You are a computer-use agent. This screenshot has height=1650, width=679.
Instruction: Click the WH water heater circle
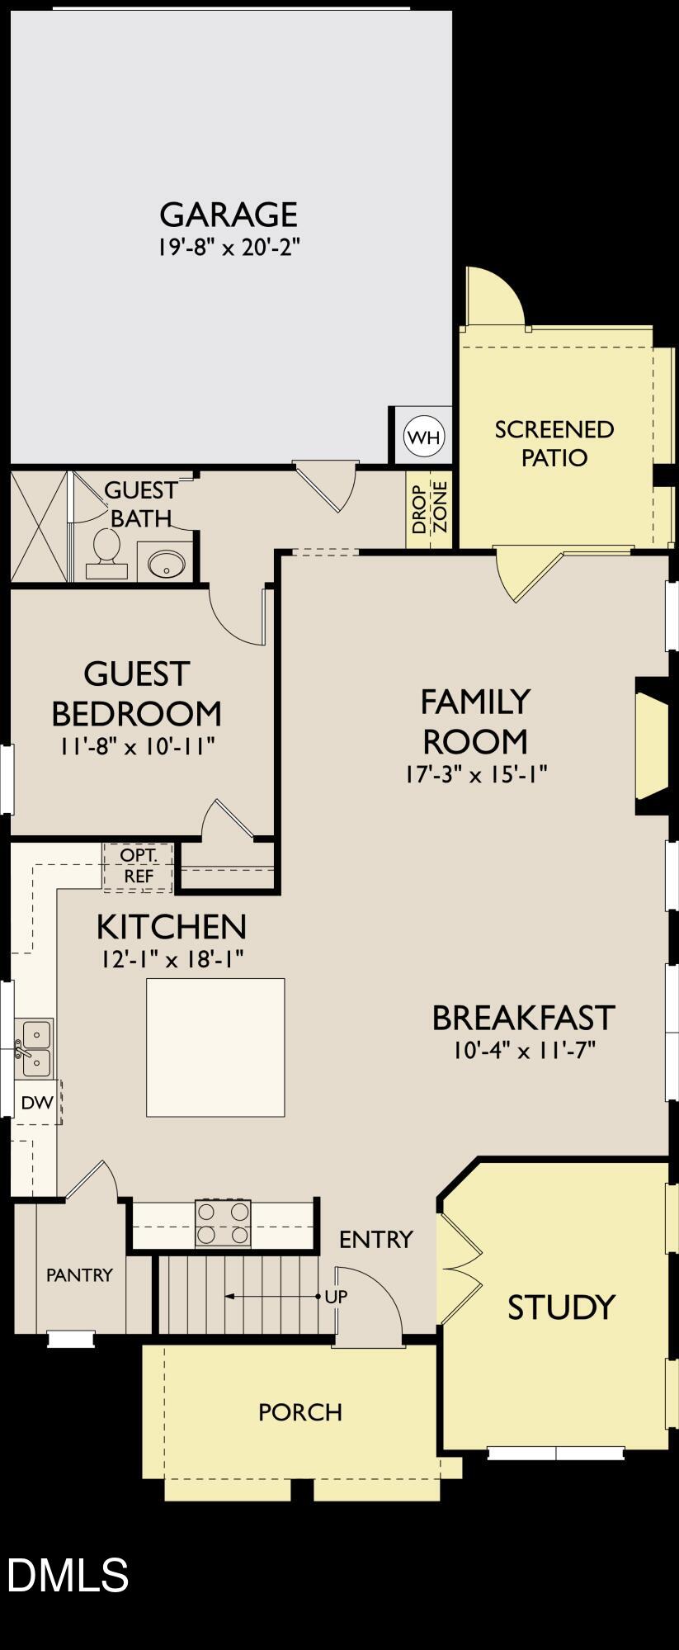424,437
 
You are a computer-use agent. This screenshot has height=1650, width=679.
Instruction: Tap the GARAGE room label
229,215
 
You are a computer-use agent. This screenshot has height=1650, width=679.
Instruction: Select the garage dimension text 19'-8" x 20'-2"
229,248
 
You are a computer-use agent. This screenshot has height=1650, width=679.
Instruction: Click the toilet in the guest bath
106,549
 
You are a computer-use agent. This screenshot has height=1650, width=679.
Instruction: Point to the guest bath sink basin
165,565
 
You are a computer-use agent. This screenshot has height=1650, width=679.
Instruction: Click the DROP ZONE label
429,508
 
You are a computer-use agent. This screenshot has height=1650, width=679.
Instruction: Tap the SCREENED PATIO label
554,443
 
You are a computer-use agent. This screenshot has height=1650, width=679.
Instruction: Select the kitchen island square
215,1047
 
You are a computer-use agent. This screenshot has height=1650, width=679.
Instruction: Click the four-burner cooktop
223,1222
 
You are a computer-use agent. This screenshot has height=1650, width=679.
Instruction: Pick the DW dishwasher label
36,1103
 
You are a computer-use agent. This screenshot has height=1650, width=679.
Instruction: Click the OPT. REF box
138,866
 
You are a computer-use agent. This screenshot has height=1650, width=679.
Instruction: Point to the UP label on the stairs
336,1296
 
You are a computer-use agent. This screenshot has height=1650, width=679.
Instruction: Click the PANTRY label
79,1274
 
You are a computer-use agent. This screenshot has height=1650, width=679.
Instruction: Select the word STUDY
561,1307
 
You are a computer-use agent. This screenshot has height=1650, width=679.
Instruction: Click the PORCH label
300,1412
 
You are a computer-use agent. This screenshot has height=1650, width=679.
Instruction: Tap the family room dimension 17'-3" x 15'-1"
476,774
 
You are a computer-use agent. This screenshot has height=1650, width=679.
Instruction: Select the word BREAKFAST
524,1018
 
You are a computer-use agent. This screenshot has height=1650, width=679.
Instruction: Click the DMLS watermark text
68,1574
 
